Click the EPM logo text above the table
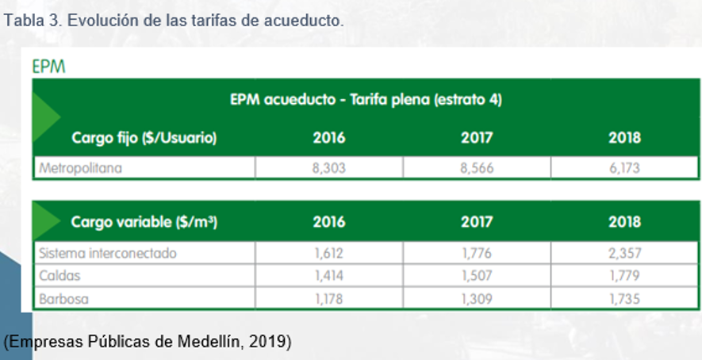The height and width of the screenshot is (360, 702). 48,67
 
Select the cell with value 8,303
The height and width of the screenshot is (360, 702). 328,168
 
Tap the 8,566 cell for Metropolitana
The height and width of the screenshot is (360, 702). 476,168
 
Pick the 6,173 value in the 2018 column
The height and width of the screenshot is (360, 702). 624,168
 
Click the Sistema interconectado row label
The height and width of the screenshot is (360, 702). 107,254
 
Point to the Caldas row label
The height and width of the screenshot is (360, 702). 59,276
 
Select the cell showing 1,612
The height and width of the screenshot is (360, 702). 328,254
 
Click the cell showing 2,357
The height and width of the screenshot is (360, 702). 624,254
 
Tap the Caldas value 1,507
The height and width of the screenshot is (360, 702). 476,276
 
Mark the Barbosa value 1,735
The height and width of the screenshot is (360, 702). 624,299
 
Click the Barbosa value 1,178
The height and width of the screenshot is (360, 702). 328,299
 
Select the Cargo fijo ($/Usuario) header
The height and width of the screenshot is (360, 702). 144,137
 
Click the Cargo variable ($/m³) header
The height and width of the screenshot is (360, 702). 144,222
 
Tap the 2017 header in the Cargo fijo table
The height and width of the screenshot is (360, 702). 476,137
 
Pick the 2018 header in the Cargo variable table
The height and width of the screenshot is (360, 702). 624,222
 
